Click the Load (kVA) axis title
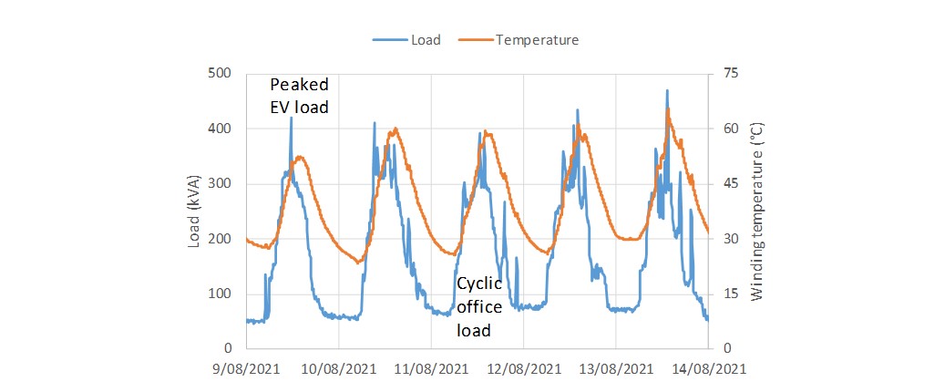pyautogui.click(x=194, y=211)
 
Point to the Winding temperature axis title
pyautogui.click(x=756, y=211)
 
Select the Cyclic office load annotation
pyautogui.click(x=479, y=306)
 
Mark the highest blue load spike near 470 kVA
pyautogui.click(x=667, y=90)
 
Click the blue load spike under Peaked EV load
pyautogui.click(x=291, y=118)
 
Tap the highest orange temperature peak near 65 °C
pyautogui.click(x=668, y=109)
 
